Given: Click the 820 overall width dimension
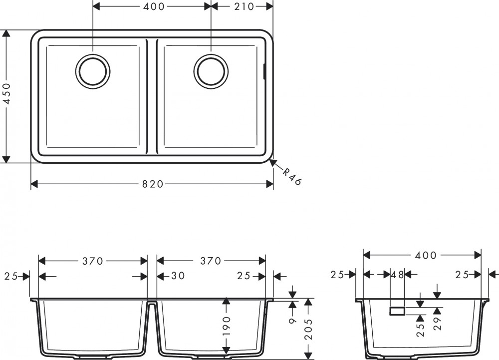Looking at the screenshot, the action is (x=152, y=184).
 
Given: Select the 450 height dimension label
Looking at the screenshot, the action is (x=6, y=94).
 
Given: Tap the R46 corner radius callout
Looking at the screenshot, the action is (x=292, y=177).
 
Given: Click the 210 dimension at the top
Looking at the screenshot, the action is (x=244, y=6).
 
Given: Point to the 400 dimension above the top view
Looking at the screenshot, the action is (x=154, y=6).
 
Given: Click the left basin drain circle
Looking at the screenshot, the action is (x=93, y=71).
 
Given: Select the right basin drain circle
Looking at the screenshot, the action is (x=211, y=71).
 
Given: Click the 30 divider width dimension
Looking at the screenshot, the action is (x=178, y=276).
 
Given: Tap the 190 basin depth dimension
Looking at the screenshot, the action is (x=226, y=327).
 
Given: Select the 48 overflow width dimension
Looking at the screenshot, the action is (x=398, y=275).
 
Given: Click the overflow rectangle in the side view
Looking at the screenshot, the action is (x=398, y=311).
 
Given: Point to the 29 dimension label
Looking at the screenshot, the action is (x=438, y=324).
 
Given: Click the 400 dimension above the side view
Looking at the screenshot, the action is (x=426, y=255).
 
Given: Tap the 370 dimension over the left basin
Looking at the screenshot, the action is (x=93, y=261).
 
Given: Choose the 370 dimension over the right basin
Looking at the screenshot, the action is (x=211, y=261).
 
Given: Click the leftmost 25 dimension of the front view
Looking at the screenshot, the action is (x=11, y=277).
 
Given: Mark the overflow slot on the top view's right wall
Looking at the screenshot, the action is (x=264, y=71).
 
